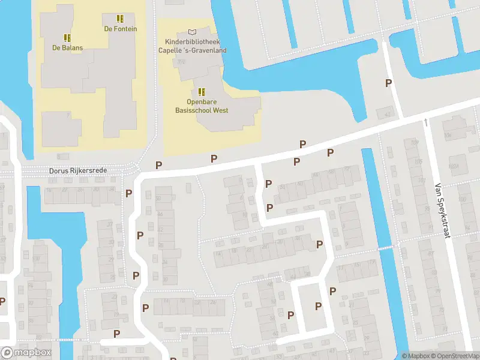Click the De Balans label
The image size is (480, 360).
[67, 47]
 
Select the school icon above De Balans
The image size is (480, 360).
[67, 38]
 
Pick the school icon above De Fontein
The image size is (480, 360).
[120, 19]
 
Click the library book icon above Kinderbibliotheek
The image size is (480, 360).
[192, 32]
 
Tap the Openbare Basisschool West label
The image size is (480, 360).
[202, 106]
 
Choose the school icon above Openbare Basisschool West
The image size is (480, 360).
[202, 92]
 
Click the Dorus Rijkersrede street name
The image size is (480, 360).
[78, 171]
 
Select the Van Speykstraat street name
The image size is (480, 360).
[442, 210]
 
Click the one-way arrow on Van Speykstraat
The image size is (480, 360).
[426, 122]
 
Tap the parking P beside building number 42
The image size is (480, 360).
[389, 83]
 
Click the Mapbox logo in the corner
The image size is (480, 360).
[25, 352]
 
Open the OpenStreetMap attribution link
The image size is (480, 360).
[455, 356]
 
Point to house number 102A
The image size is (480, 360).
[454, 166]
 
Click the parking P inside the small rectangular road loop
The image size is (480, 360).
[318, 306]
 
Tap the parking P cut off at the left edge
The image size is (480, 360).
[2, 301]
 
